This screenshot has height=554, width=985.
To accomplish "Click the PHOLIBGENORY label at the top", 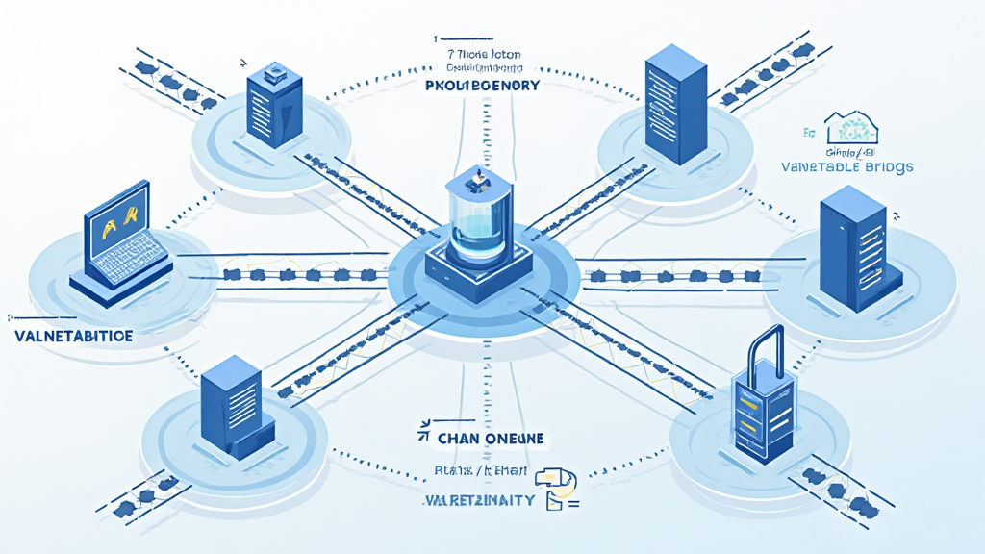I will (481, 86).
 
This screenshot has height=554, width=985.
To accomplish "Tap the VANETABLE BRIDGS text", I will (847, 166).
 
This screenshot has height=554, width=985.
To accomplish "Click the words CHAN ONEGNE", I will (491, 439).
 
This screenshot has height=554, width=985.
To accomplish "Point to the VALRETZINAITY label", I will (479, 501).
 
